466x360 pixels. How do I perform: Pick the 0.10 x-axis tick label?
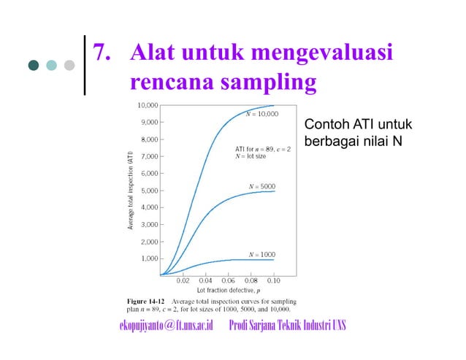tap(273, 280)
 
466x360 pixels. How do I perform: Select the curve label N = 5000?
tap(262, 186)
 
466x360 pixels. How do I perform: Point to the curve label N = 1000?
tap(262, 254)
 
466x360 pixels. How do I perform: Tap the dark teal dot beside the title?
tap(34, 65)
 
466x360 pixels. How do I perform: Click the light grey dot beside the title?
tap(69, 65)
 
